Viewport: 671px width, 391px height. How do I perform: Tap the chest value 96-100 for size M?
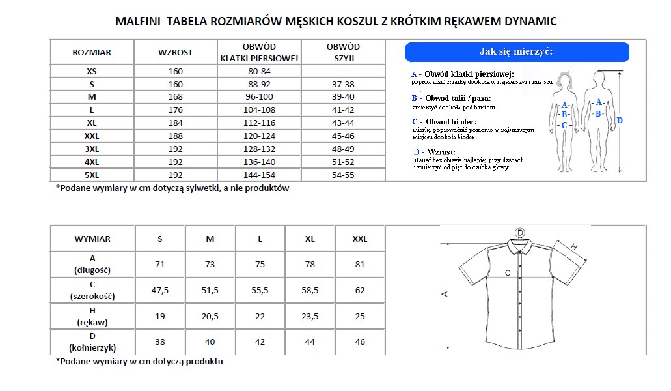point(259,97)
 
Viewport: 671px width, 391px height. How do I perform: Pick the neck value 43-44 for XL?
point(343,123)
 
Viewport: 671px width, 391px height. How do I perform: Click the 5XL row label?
point(92,175)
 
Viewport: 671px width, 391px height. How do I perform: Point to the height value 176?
point(176,110)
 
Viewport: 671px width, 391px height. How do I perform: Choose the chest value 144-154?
point(259,175)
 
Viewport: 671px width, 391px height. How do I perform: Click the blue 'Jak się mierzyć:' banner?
point(516,52)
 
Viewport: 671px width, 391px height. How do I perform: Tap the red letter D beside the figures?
point(620,120)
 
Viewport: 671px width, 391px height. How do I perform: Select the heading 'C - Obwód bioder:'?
point(445,122)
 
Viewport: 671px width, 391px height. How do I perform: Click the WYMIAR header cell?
point(92,239)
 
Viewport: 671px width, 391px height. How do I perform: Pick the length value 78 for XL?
point(310,264)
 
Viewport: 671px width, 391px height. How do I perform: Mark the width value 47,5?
point(160,290)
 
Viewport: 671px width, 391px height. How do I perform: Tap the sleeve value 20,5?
point(210,316)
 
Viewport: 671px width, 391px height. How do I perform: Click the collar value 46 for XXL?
point(360,341)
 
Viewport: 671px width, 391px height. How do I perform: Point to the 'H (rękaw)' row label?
point(92,316)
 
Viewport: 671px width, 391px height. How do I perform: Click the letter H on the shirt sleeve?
point(574,246)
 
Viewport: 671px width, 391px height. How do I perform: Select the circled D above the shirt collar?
point(519,233)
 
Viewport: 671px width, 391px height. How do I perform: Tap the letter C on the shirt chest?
point(507,273)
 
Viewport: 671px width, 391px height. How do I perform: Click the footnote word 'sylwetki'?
point(210,188)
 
